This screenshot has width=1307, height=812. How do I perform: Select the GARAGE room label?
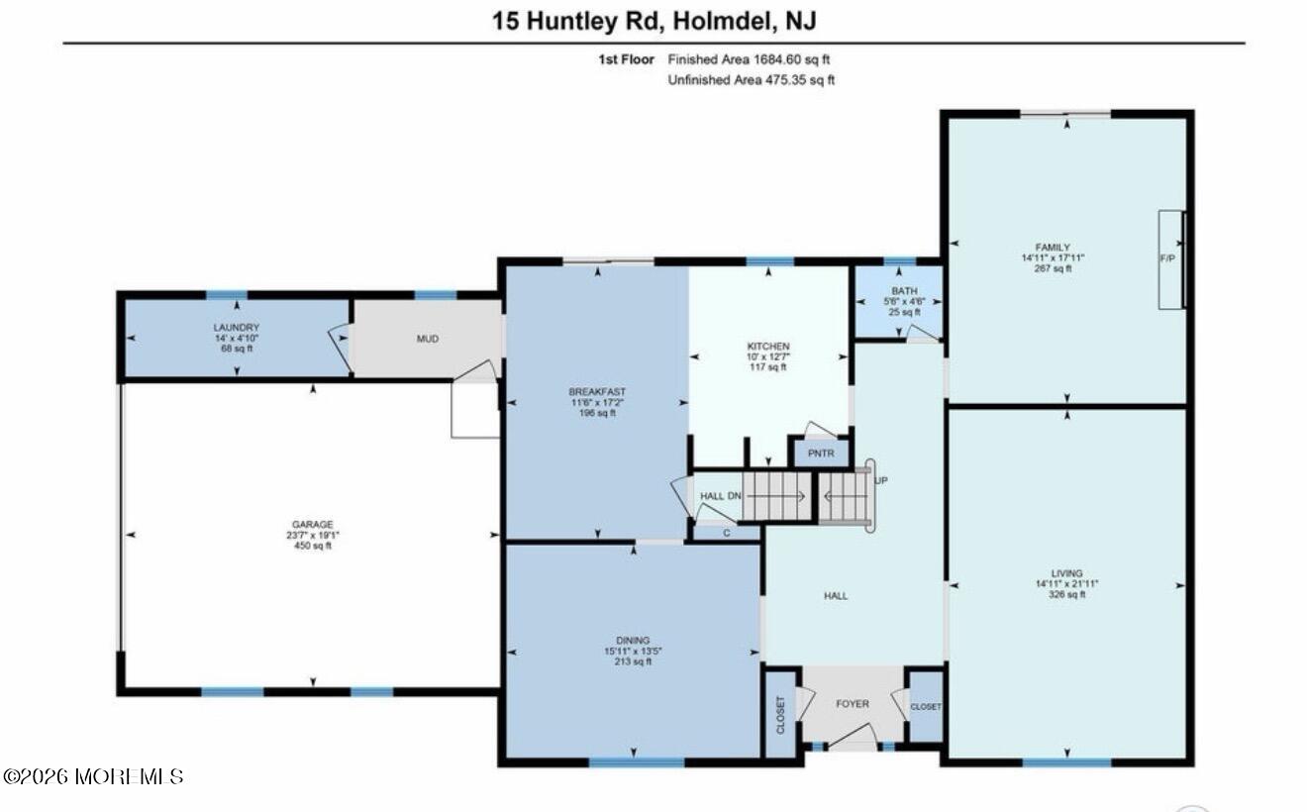point(312,525)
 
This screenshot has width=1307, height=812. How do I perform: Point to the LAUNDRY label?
point(236,328)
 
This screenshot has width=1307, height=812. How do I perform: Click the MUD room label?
point(427,339)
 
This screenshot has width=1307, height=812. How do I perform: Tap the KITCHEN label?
point(767,346)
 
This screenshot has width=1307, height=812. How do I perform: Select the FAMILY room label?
point(1054,247)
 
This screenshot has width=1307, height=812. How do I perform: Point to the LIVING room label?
point(1066,573)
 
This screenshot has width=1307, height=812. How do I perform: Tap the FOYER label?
point(852,704)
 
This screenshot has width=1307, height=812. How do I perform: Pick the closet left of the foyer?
point(780,713)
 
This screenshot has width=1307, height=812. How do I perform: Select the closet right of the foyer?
point(926,707)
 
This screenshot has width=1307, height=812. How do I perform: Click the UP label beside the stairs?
point(881,481)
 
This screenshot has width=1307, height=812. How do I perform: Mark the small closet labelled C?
point(726,533)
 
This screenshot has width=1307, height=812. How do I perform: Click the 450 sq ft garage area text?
point(312,546)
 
